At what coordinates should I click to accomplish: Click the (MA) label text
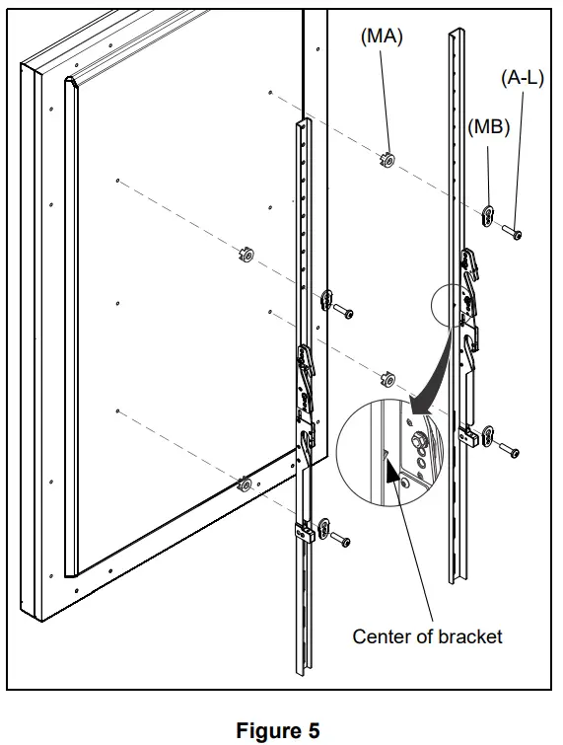384,37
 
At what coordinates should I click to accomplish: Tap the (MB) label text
488,127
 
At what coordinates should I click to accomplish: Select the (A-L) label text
523,78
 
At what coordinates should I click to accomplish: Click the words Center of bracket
427,636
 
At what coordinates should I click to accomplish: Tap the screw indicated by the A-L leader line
513,233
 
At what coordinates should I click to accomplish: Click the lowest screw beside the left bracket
340,540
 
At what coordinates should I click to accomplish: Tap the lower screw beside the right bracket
509,450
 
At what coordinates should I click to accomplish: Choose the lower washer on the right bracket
484,436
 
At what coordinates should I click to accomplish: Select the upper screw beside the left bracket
344,313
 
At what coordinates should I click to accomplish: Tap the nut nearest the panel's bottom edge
242,484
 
